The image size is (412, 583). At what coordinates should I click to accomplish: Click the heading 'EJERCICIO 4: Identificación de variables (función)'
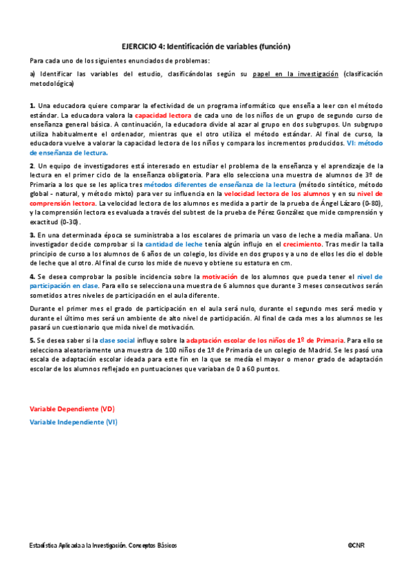pyautogui.click(x=206, y=47)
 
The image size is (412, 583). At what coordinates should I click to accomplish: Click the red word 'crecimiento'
pyautogui.click(x=302, y=244)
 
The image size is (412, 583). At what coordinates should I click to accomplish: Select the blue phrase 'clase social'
pyautogui.click(x=118, y=340)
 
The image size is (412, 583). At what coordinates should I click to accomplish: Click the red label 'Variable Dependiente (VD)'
pyautogui.click(x=72, y=408)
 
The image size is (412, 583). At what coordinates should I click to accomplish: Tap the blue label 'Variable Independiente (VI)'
pyautogui.click(x=74, y=421)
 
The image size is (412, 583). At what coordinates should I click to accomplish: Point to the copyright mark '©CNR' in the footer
pyautogui.click(x=356, y=545)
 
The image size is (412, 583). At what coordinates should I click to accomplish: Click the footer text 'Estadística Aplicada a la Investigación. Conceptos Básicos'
pyautogui.click(x=103, y=545)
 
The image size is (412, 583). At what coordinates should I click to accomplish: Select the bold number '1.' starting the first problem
pyautogui.click(x=32, y=106)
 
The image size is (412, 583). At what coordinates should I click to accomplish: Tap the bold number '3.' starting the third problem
pyautogui.click(x=32, y=234)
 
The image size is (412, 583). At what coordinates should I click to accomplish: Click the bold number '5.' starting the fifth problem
pyautogui.click(x=32, y=340)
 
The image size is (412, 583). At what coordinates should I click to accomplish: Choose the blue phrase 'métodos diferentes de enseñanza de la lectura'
pyautogui.click(x=216, y=186)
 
